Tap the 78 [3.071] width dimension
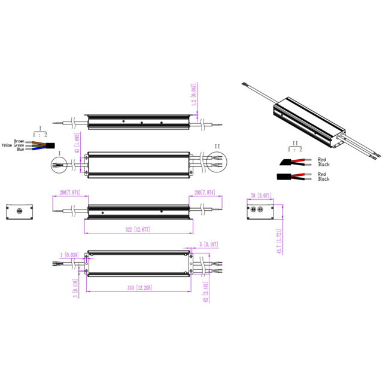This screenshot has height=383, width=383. pos(262,195)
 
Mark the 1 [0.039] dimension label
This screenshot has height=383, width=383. pos(70,254)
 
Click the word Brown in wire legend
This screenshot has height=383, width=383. pos(19,141)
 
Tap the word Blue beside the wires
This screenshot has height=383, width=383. pos(20,150)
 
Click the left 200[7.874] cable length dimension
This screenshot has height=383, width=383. pos(71,193)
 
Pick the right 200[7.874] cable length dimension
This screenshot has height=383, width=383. pos(204,193)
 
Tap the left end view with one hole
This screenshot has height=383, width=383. pos(18,211)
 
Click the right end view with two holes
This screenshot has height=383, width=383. pos(262,210)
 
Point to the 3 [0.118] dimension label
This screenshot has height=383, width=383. pos(76,287)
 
